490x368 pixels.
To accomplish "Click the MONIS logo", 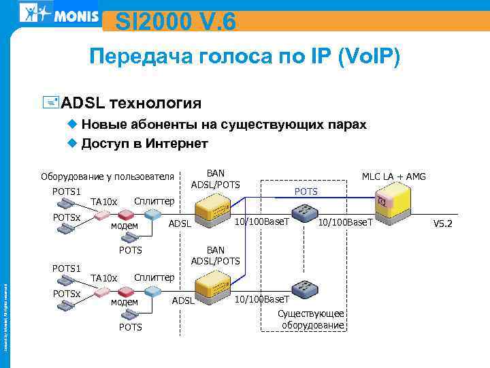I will (59, 14).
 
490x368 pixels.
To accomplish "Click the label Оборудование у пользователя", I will (108, 177).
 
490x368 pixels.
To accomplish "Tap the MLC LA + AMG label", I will (394, 177).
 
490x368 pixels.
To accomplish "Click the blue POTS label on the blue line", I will (306, 191).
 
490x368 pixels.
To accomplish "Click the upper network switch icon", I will (302, 212).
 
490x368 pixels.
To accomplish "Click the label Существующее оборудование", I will (311, 319).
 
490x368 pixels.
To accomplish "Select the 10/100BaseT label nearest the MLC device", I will (346, 223).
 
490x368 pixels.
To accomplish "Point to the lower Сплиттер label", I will (154, 277).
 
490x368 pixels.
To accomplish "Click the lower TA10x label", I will (105, 278).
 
